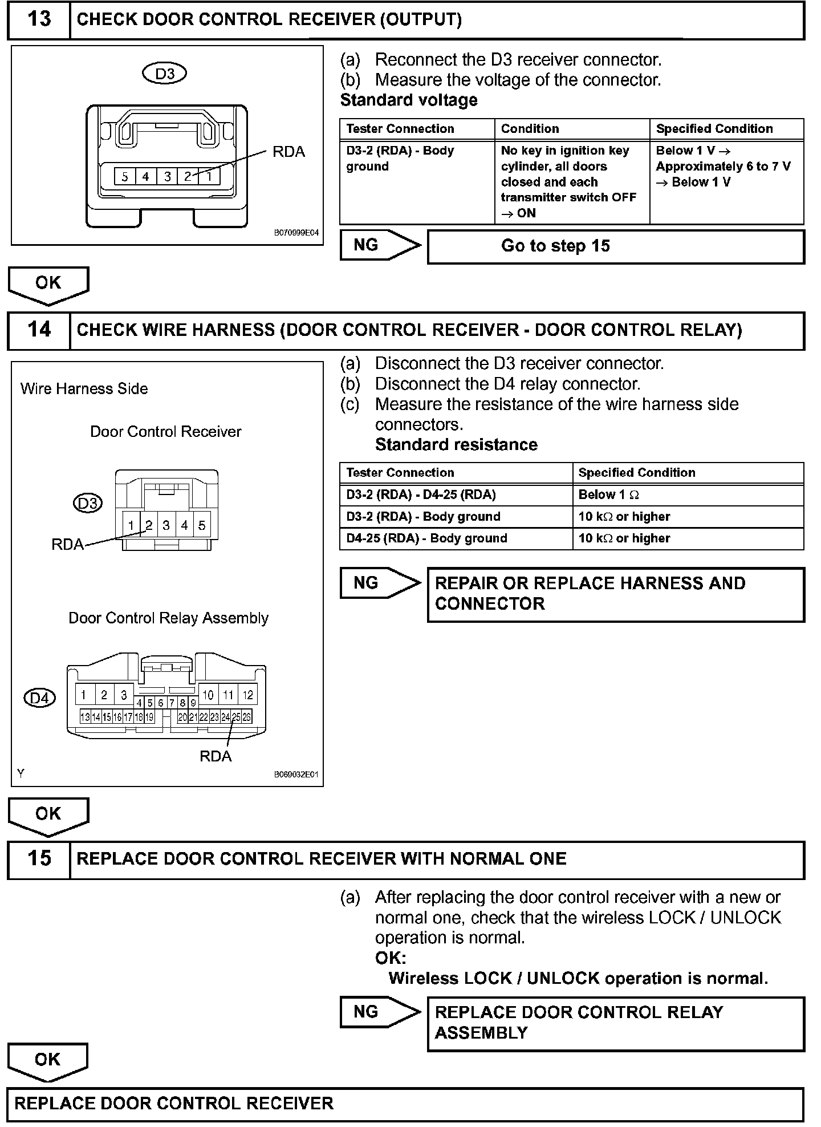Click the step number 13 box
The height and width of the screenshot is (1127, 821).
pyautogui.click(x=39, y=20)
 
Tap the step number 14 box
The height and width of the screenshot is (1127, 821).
pyautogui.click(x=39, y=330)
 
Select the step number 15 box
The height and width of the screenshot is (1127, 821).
pyautogui.click(x=39, y=859)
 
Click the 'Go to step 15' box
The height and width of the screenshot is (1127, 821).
pyautogui.click(x=616, y=246)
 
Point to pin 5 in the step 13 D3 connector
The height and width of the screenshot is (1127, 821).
pyautogui.click(x=124, y=177)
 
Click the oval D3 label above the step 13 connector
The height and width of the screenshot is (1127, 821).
pyautogui.click(x=165, y=74)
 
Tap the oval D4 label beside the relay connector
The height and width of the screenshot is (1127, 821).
pyautogui.click(x=40, y=698)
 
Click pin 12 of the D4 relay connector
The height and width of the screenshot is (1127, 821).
pyautogui.click(x=247, y=695)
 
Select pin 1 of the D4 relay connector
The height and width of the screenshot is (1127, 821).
pyautogui.click(x=84, y=695)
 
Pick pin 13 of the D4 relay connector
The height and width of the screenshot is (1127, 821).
pyautogui.click(x=84, y=717)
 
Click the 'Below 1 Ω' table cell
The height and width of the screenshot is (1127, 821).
pyautogui.click(x=688, y=495)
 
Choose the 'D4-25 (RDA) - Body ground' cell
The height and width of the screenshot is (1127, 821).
pyautogui.click(x=456, y=538)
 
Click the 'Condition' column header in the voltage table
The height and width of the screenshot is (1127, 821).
pyautogui.click(x=572, y=129)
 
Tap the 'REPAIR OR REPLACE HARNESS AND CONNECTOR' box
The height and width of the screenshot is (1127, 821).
pyautogui.click(x=616, y=594)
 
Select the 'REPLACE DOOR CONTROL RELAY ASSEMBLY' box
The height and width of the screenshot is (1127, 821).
pyautogui.click(x=616, y=1023)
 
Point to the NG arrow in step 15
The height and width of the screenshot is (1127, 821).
pyautogui.click(x=379, y=1012)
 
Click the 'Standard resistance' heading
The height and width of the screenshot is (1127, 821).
pyautogui.click(x=456, y=445)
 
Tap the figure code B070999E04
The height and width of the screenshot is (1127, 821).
pyautogui.click(x=296, y=233)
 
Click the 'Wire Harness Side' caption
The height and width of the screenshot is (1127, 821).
pyautogui.click(x=84, y=389)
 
